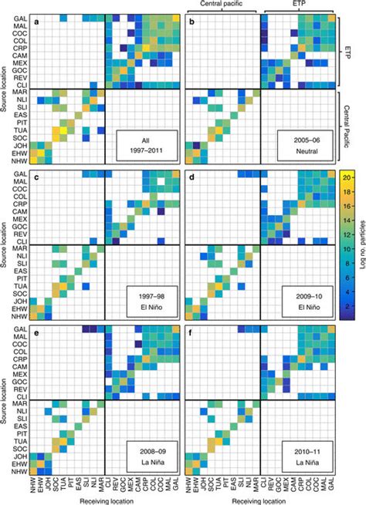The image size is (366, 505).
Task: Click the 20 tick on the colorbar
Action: [351, 177]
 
